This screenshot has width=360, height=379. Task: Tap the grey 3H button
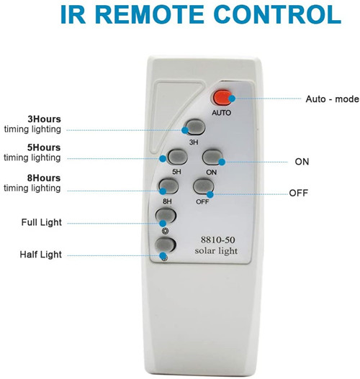[x=195, y=127]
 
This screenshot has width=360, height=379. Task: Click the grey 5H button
[x=178, y=157]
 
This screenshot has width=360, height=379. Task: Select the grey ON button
[x=212, y=157]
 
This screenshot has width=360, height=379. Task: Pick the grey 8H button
[x=168, y=186]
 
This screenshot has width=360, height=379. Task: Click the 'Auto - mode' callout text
[x=332, y=99]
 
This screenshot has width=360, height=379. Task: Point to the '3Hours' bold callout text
[x=44, y=119]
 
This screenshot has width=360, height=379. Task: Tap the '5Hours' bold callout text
[x=44, y=147]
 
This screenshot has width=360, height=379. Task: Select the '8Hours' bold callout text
[x=44, y=178]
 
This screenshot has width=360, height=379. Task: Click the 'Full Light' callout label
[x=41, y=222]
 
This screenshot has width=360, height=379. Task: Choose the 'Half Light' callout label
[x=40, y=255]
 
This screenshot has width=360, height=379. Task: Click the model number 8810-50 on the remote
[x=217, y=239]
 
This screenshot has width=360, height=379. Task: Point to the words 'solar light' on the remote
[x=216, y=251]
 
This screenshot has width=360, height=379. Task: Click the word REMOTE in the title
[x=150, y=14]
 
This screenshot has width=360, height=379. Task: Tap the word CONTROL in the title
[x=277, y=14]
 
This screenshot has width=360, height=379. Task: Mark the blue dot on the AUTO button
[x=232, y=99]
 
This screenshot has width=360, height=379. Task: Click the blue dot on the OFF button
[x=210, y=194]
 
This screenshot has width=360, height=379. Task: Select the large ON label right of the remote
[x=302, y=162]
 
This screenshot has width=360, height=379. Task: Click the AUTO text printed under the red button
[x=221, y=113]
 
